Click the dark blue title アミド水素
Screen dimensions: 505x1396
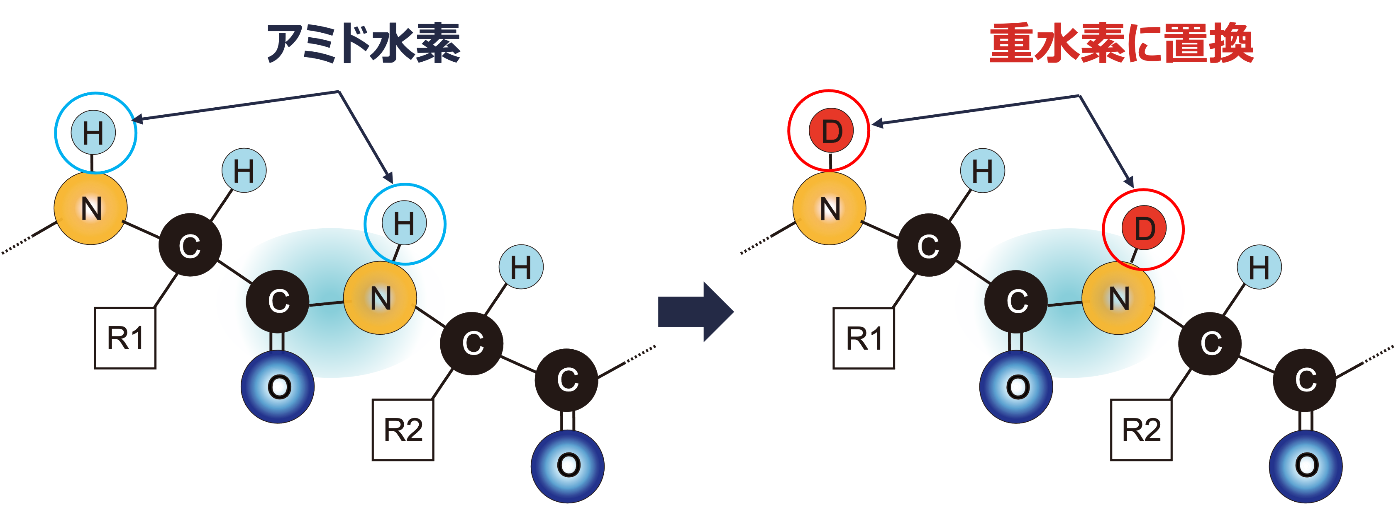(x=363, y=43)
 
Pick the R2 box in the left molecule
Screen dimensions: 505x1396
(x=403, y=430)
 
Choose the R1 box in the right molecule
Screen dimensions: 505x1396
(x=863, y=338)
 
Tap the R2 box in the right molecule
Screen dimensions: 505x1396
(x=1141, y=430)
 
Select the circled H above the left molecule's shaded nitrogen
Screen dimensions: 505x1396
(x=404, y=223)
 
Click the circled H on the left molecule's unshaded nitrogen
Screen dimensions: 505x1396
(x=93, y=133)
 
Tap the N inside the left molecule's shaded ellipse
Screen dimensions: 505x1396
(x=381, y=298)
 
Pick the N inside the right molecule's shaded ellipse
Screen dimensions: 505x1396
(x=1118, y=298)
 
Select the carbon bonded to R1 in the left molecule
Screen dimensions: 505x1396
(x=190, y=246)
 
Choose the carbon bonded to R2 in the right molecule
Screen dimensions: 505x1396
(x=1211, y=343)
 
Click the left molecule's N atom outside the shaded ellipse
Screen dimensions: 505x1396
(x=91, y=208)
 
